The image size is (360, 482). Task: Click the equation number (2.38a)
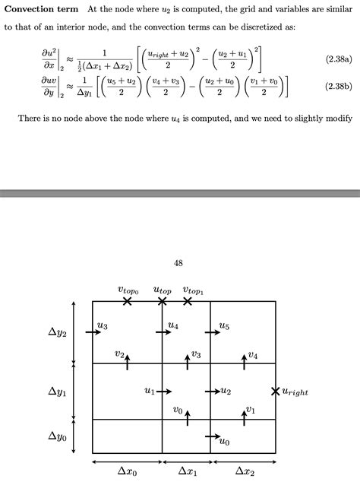[334, 58]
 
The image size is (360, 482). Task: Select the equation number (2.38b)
[334, 86]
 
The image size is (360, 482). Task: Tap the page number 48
[178, 263]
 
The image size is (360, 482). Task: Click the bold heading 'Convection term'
[41, 9]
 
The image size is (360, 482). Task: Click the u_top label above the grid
[163, 290]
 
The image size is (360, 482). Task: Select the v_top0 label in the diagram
[128, 290]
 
